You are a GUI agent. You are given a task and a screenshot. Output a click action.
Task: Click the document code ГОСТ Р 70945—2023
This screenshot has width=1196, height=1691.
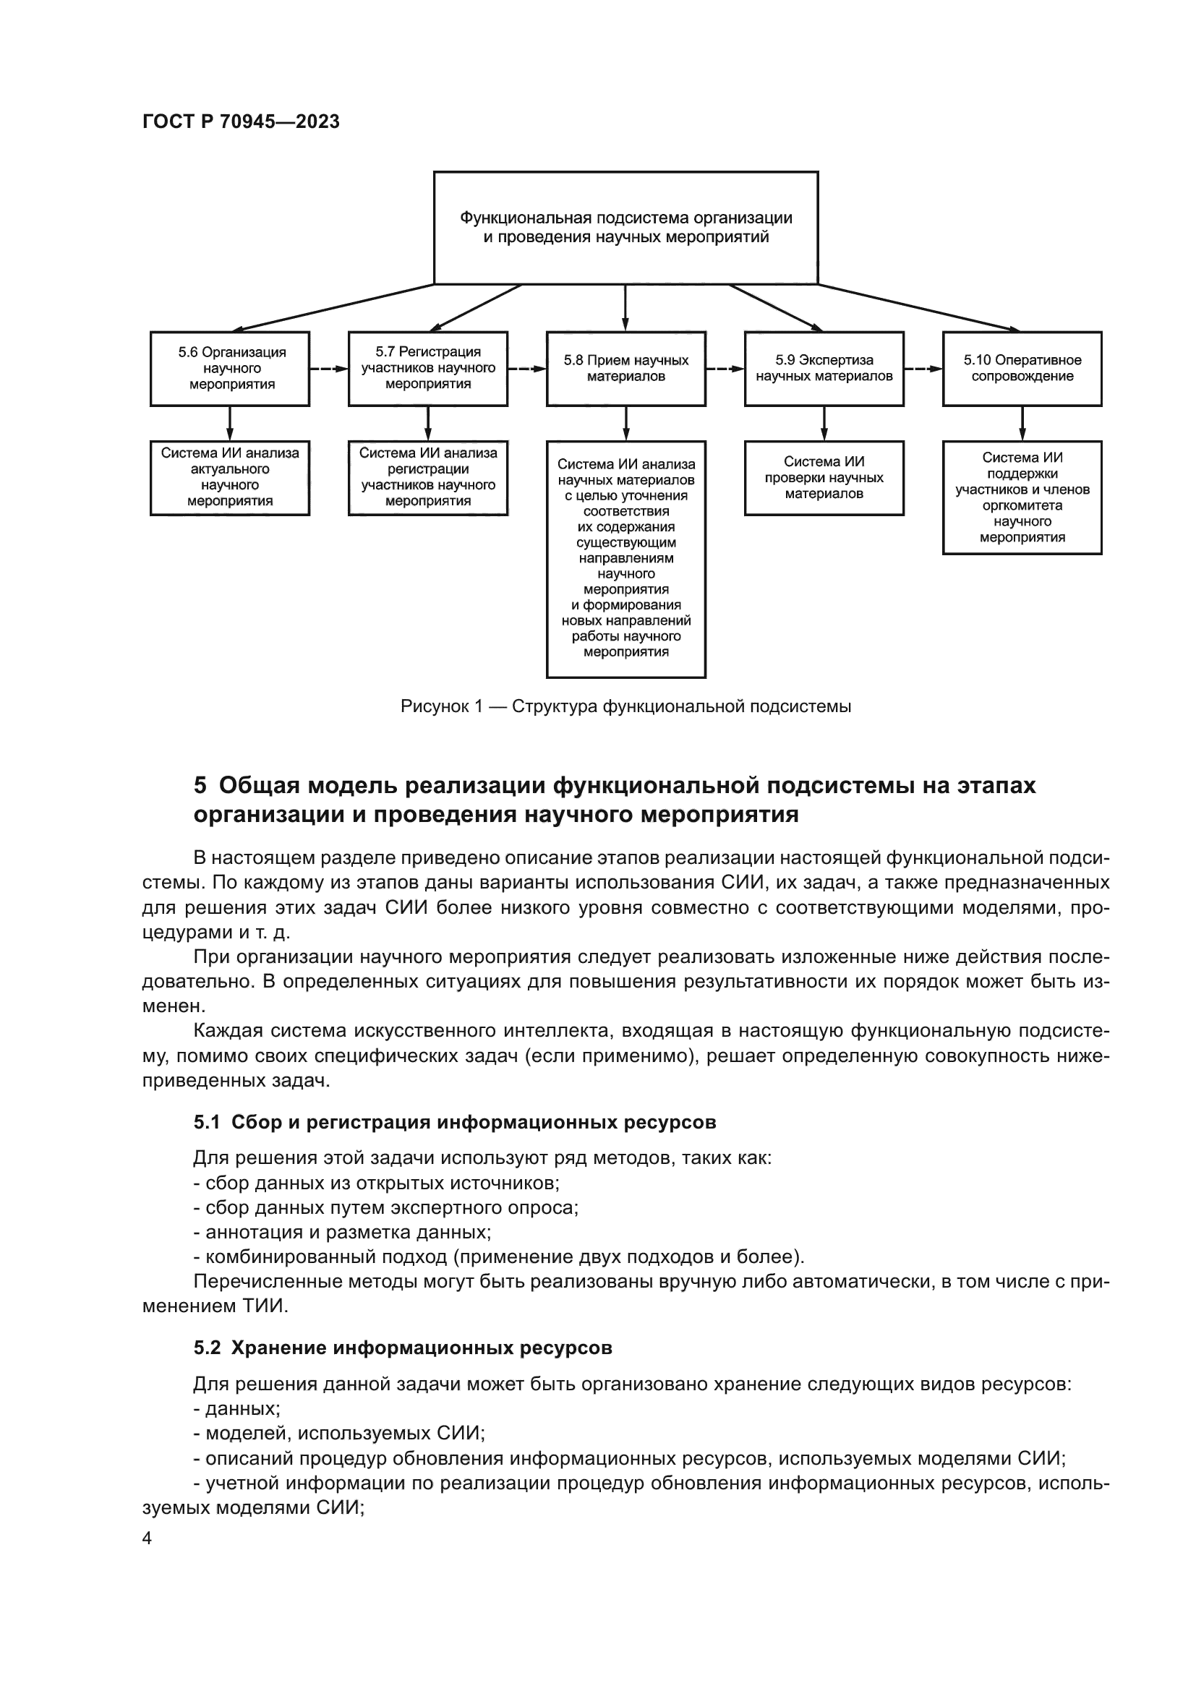click(241, 121)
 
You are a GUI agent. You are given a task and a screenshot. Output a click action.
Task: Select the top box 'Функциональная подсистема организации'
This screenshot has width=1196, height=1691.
click(625, 228)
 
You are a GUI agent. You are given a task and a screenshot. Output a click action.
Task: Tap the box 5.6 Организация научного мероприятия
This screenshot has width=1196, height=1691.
click(230, 368)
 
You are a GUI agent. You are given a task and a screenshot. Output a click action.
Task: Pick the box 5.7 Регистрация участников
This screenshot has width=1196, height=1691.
click(428, 368)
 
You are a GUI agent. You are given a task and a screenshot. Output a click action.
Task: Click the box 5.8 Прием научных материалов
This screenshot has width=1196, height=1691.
click(626, 368)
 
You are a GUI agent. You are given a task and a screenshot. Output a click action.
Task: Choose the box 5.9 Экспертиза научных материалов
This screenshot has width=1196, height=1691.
click(824, 368)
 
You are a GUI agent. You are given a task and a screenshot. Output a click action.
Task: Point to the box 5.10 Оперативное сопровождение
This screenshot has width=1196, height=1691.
click(1022, 368)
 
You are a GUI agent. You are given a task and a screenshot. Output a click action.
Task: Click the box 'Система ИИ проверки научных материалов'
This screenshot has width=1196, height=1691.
click(824, 478)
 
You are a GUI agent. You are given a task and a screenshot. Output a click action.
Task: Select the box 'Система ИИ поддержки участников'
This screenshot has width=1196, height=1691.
click(1022, 497)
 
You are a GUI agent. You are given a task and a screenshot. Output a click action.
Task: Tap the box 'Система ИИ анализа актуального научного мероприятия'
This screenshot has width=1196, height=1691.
click(230, 478)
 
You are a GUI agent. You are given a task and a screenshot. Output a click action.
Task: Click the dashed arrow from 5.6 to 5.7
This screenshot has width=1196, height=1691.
click(328, 368)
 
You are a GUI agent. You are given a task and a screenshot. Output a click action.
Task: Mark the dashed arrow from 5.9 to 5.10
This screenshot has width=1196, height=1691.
click(923, 368)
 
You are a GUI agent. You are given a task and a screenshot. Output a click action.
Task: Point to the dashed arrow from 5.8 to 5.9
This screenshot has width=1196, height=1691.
click(725, 368)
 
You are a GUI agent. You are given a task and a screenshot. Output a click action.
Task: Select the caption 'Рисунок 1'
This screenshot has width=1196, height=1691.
click(625, 706)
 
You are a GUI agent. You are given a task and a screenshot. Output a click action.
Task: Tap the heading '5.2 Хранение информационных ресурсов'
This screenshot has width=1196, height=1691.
click(403, 1348)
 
